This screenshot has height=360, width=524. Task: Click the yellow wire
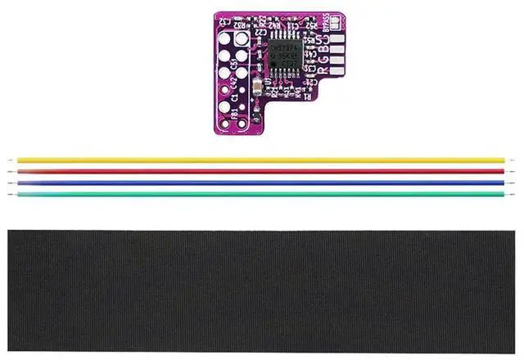262,160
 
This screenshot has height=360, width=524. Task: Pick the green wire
262,194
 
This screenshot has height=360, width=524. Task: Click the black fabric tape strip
262,290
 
